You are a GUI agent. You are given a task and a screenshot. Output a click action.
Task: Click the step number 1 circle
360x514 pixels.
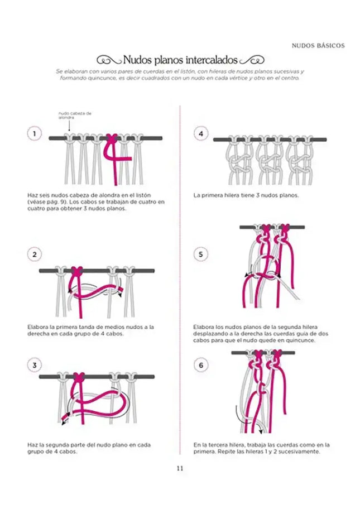[35, 133]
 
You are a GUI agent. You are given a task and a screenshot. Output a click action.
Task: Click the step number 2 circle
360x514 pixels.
[35, 255]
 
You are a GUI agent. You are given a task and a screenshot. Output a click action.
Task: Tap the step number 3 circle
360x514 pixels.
[35, 366]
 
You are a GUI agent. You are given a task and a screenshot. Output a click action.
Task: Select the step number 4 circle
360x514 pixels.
[200, 133]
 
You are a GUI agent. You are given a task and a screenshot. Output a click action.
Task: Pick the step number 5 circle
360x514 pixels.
[200, 255]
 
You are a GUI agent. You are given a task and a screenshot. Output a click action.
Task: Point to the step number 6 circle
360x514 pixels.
[200, 366]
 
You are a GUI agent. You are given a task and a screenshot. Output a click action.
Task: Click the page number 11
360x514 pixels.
[180, 469]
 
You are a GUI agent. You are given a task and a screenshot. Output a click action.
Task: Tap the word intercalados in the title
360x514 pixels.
[212, 60]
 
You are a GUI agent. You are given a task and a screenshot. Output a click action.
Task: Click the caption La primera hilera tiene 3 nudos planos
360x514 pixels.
[246, 196]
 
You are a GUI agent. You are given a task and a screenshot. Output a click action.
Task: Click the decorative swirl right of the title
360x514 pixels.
[252, 60]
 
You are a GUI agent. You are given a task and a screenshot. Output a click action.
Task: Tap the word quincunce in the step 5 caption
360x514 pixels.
[301, 340]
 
